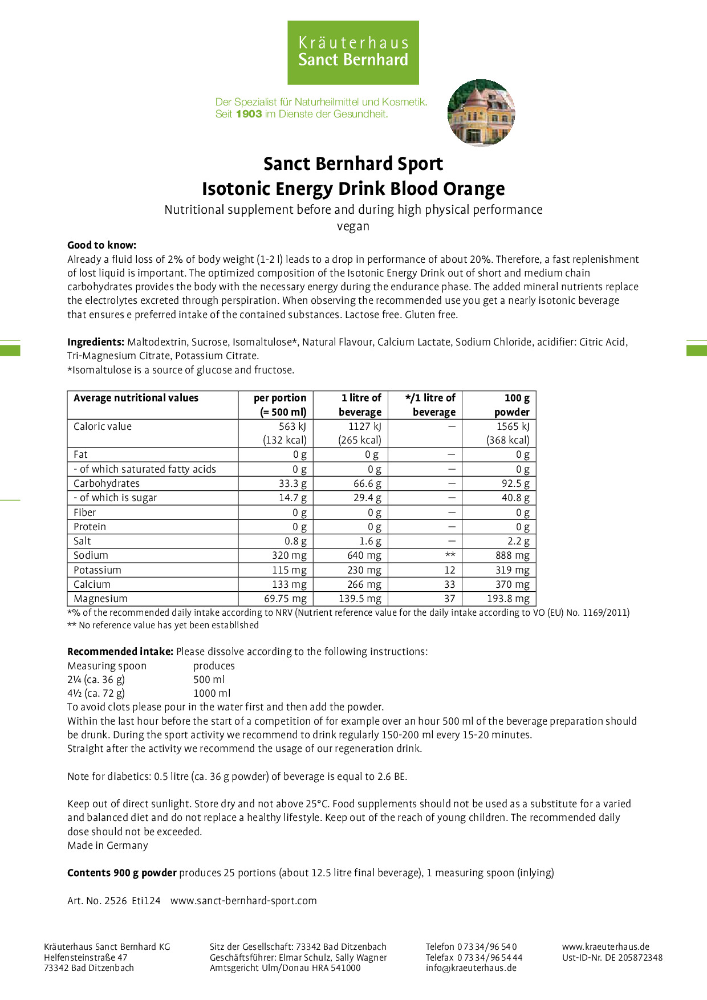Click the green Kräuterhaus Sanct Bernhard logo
tap(353, 52)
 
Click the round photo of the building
tap(481, 113)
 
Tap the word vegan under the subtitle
tap(353, 226)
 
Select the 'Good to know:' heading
tap(101, 245)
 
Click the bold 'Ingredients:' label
tap(96, 342)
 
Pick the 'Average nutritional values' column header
tap(136, 398)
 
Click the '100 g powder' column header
tap(511, 405)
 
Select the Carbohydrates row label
tap(107, 483)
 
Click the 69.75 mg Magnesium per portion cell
tap(285, 599)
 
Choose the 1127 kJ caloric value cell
tap(365, 426)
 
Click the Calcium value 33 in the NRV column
tap(450, 584)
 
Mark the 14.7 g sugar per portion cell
tap(292, 498)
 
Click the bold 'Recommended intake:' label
tap(120, 652)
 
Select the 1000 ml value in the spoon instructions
tap(212, 693)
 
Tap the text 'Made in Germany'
tap(108, 845)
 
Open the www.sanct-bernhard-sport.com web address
tap(243, 901)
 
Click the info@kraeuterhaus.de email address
tap(471, 968)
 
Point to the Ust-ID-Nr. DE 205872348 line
tap(612, 957)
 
